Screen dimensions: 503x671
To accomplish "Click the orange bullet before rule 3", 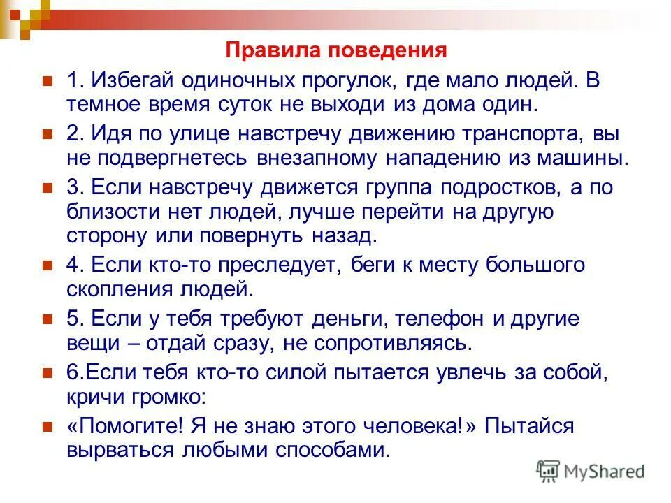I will [48, 187].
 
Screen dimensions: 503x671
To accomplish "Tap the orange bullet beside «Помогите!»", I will [48, 426].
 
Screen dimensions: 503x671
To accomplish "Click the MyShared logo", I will [591, 470].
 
